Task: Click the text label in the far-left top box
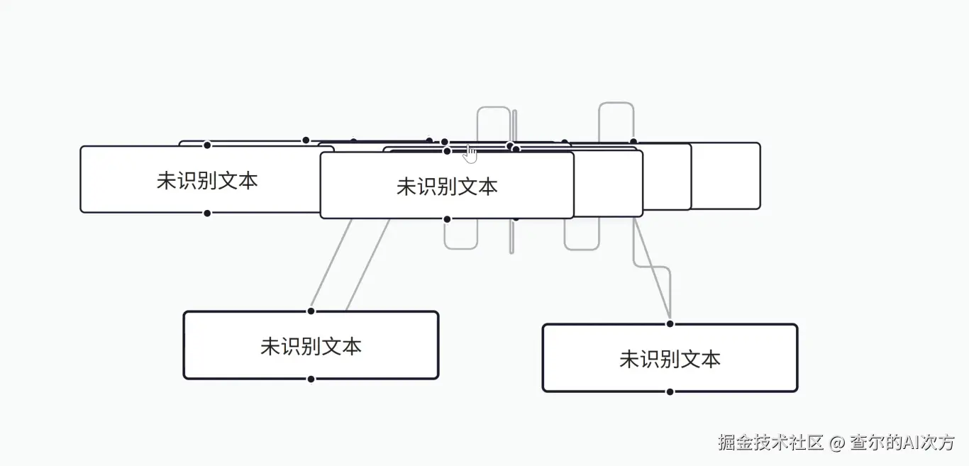207,180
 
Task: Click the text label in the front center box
447,187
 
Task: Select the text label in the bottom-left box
311,347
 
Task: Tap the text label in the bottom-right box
670,359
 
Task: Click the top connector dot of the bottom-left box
311,311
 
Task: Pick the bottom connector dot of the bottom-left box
311,379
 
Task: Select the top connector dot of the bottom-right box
670,323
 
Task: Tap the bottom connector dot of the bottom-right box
670,392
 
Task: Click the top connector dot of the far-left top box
207,145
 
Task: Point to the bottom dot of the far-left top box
207,213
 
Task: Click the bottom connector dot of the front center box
448,219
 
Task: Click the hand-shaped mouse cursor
470,155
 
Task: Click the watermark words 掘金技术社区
770,442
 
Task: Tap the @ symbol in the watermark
836,443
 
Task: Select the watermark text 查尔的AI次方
902,442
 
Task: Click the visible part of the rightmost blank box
726,176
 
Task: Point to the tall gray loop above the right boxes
616,103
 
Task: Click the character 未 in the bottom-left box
270,347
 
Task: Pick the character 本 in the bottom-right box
711,359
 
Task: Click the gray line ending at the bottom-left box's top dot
331,265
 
